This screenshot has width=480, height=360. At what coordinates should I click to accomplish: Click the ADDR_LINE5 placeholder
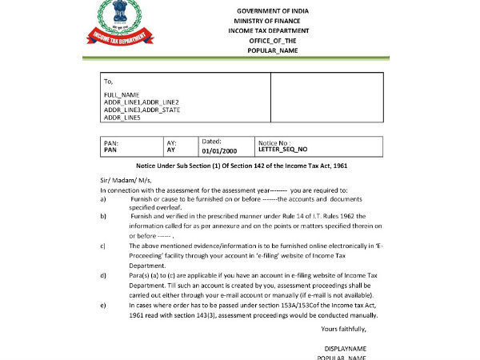click(x=122, y=118)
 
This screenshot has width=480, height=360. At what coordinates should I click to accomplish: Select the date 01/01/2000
click(x=219, y=150)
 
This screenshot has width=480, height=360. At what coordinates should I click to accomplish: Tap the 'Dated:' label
click(x=211, y=141)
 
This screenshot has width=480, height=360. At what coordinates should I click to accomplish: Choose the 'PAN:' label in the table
click(x=112, y=142)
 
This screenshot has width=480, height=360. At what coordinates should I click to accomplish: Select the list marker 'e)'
click(x=102, y=305)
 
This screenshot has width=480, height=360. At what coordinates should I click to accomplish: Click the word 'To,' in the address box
click(x=108, y=81)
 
